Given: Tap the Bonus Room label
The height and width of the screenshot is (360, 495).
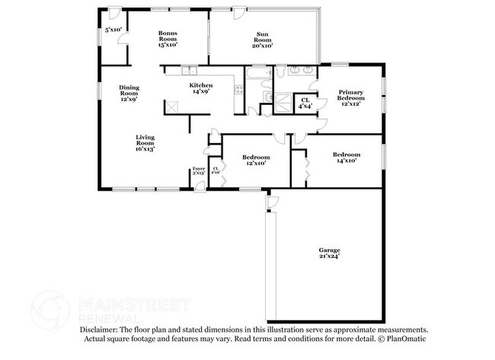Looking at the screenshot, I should click(x=168, y=40).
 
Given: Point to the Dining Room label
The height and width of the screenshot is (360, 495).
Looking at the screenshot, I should click(x=129, y=93).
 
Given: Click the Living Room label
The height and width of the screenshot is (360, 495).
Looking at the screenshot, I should click(x=145, y=143).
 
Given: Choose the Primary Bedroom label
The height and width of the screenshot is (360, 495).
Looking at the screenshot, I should click(x=351, y=98).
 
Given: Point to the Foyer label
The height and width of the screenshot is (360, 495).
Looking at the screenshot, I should click(x=198, y=170).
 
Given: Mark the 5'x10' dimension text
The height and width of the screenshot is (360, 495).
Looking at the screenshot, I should click(x=115, y=30).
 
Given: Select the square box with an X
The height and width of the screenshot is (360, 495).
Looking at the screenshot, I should click(x=172, y=108).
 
